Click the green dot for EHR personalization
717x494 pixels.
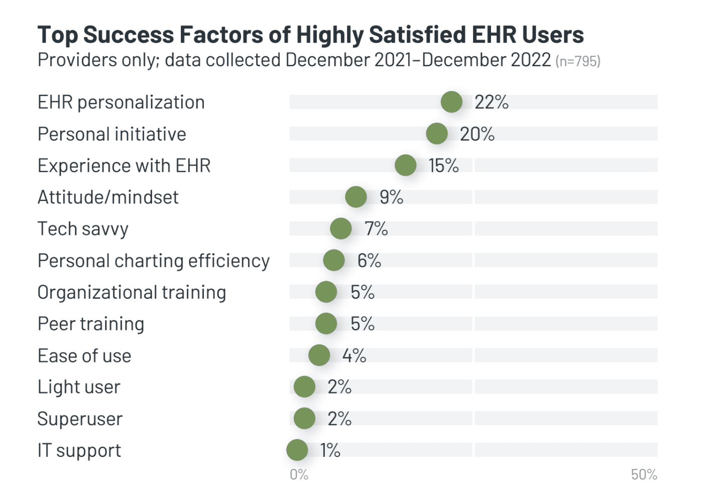click(451, 102)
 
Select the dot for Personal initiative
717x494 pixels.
click(437, 134)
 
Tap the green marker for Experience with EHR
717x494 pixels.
click(406, 165)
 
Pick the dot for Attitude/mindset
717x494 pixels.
click(356, 197)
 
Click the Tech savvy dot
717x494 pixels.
click(341, 228)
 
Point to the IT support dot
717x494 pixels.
click(297, 450)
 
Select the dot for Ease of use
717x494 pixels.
click(319, 355)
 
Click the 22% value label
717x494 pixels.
click(492, 102)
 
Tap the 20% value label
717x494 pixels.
click(477, 134)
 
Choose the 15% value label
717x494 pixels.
click(443, 166)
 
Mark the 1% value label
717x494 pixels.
click(330, 450)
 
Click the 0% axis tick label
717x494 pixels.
click(299, 474)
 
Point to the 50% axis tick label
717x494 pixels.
click(644, 474)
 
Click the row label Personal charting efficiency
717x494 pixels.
click(154, 261)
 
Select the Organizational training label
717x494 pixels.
click(132, 292)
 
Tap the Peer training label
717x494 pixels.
click(91, 324)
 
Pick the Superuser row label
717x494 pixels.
click(80, 419)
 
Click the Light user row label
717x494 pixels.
click(79, 387)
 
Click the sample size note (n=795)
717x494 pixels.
click(578, 61)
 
